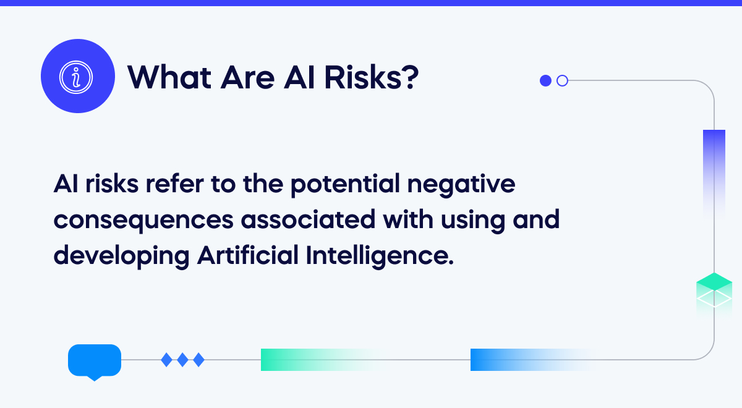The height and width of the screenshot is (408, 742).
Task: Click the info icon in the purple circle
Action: [77, 76]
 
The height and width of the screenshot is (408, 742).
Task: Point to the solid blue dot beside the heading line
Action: [545, 80]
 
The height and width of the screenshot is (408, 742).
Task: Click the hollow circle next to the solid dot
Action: [562, 80]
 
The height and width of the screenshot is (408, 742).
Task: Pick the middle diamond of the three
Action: [182, 359]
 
